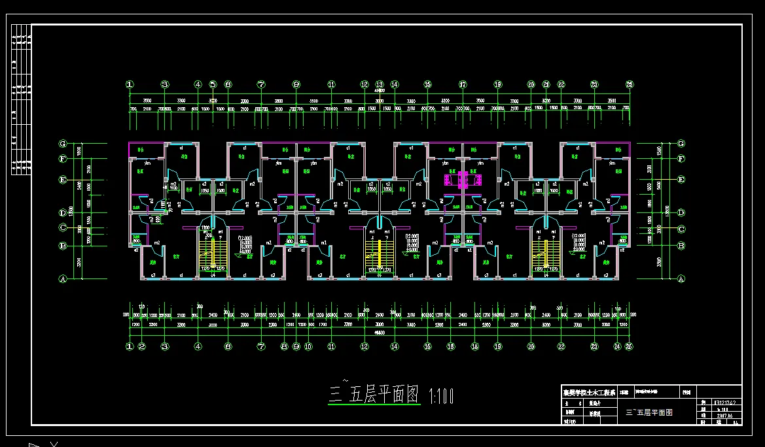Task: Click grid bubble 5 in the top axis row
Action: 213,84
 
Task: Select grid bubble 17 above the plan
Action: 463,84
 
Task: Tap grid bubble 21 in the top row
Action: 546,84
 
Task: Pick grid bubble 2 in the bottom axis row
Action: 141,346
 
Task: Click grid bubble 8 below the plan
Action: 284,346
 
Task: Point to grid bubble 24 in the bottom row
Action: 616,346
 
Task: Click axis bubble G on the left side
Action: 63,143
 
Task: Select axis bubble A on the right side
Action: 681,278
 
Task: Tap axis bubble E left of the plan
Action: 63,179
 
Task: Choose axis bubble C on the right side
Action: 681,229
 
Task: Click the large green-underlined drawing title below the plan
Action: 374,394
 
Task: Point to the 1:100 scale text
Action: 440,395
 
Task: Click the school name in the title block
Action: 589,393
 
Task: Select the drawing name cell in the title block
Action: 649,412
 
